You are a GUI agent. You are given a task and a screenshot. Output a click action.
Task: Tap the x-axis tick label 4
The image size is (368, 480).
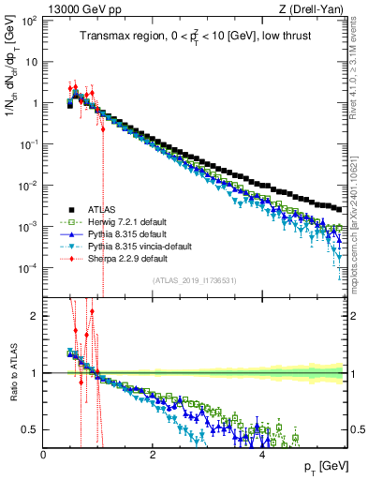click(261, 455)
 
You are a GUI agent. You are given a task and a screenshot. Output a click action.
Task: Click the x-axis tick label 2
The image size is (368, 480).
click(153, 455)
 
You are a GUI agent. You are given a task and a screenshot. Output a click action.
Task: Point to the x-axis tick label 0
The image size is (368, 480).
click(44, 455)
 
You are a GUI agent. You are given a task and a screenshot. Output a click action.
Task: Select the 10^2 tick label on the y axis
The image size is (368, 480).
click(30, 20)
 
